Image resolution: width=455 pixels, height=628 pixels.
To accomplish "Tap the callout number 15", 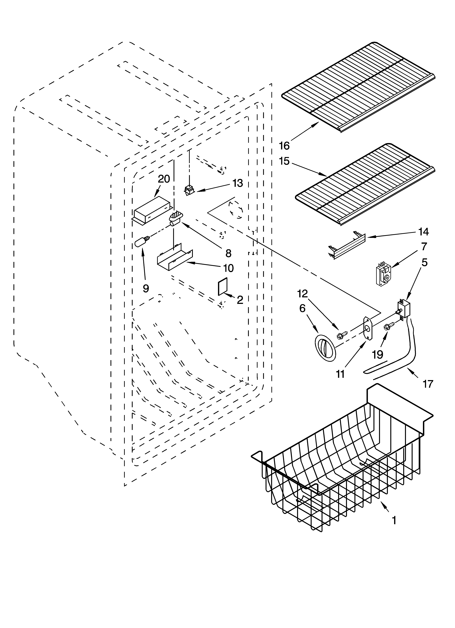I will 284,161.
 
